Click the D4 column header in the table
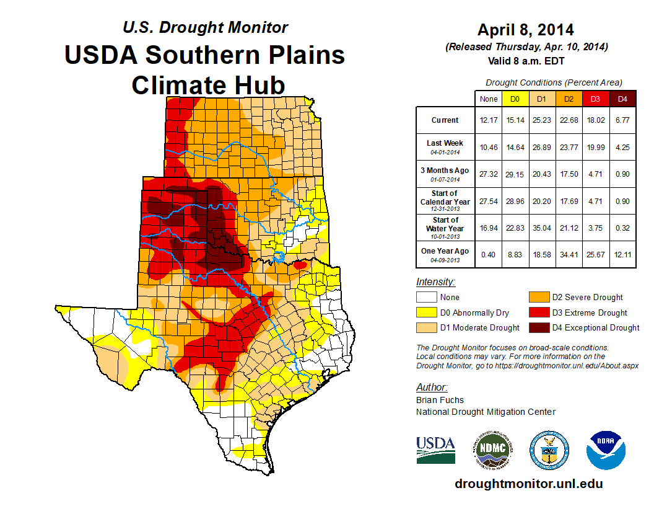coord(622,99)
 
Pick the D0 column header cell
coord(515,99)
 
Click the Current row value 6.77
coord(622,120)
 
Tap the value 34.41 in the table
coord(569,254)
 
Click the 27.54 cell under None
coord(488,201)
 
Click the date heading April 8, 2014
coord(525,30)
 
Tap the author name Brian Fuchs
coord(440,400)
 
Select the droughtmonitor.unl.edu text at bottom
coord(528,484)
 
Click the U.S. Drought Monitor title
coord(205,27)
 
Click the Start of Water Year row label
coord(445,228)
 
